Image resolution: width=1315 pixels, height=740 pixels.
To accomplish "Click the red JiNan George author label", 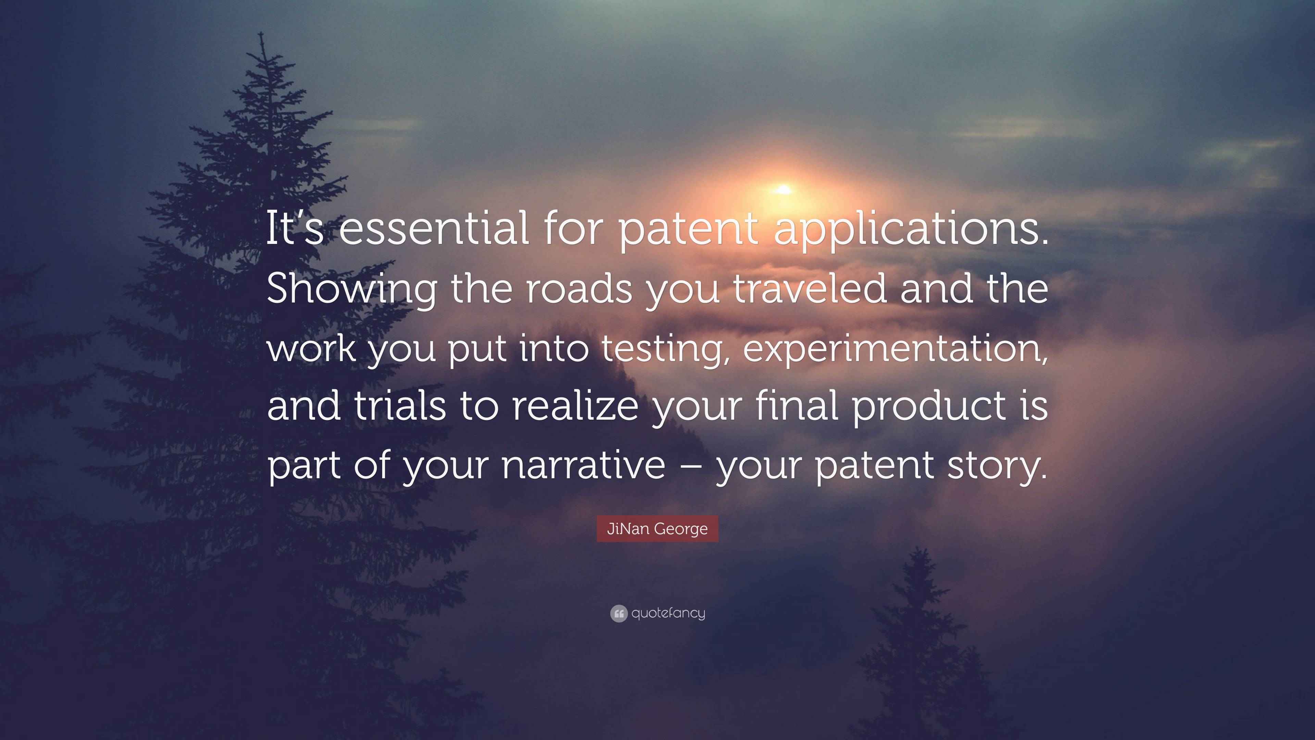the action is tap(657, 529).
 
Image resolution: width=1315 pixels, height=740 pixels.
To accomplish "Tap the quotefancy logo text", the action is tap(668, 613).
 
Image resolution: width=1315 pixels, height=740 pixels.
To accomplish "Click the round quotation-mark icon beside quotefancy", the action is tap(619, 613).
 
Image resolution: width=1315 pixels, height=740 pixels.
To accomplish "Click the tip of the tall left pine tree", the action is tap(261, 33).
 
